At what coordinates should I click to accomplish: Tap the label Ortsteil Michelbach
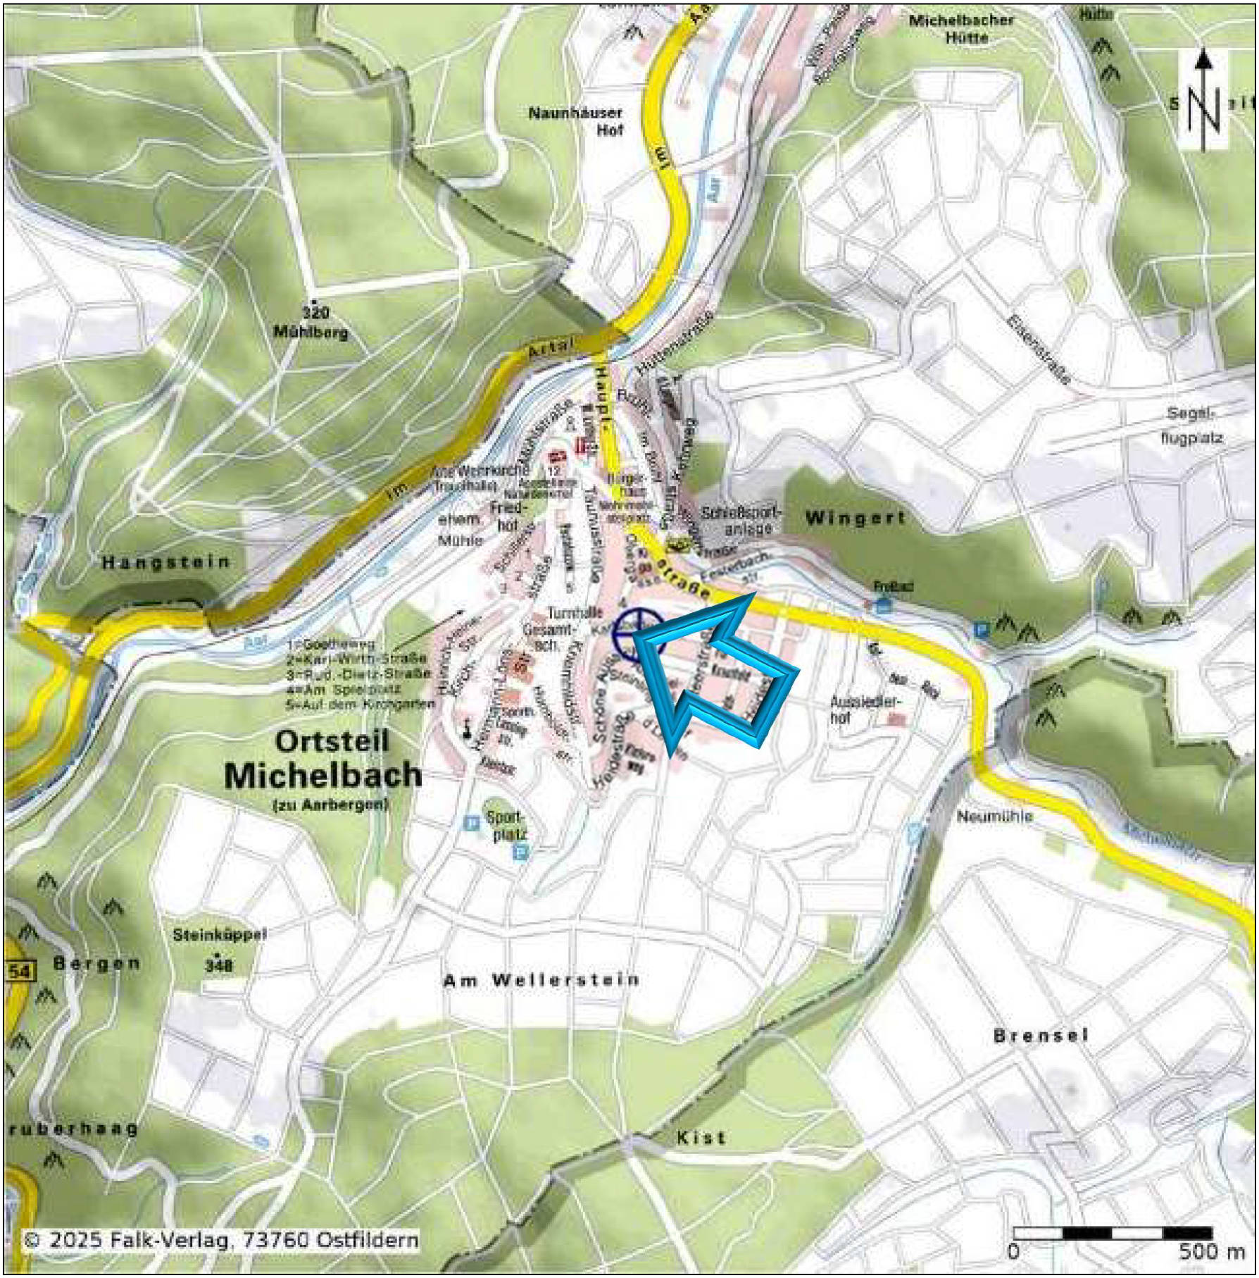point(323,759)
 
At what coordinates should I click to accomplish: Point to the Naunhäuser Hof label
point(576,121)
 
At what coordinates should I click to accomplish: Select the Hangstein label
point(166,562)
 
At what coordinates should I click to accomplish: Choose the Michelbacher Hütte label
point(962,29)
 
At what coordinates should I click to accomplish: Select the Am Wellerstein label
point(541,980)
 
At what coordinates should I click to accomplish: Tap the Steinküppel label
point(220,936)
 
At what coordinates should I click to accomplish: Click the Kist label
point(701,1138)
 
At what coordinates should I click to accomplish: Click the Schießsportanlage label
point(740,521)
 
